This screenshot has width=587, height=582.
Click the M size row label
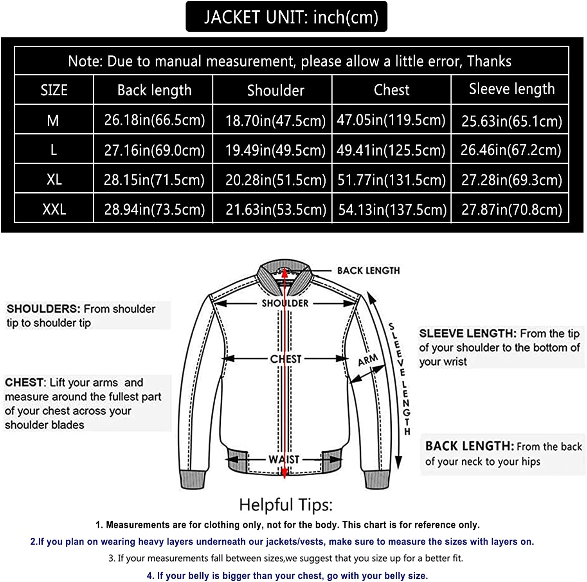point(53,120)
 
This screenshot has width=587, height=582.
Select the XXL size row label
point(54,209)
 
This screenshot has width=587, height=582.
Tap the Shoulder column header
point(275,90)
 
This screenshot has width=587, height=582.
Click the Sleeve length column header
point(511,89)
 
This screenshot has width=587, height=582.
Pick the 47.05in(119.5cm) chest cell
point(391,120)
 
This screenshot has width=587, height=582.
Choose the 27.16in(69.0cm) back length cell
point(154,150)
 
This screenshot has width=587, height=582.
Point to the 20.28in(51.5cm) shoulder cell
point(275,180)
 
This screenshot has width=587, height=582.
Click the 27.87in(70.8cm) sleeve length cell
point(511,210)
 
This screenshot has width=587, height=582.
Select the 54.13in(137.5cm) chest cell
point(392,210)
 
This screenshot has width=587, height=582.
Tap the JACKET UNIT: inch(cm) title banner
point(286,17)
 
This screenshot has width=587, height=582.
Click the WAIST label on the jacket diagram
point(284,459)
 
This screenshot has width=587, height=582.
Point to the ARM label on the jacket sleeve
point(368,360)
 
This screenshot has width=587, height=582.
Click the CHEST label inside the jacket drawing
point(286,359)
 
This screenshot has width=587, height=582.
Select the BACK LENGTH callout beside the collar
point(368,270)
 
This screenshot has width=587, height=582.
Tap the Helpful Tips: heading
point(286,505)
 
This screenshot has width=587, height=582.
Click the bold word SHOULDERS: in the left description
point(43,309)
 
